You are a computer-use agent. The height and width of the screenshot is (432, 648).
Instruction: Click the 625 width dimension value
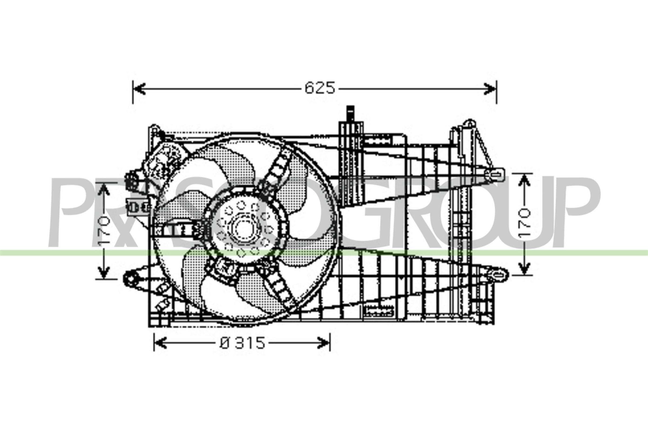[320, 88]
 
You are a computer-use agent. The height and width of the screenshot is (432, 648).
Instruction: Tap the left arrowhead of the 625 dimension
[139, 89]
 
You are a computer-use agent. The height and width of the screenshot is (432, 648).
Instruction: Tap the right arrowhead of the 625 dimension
[490, 89]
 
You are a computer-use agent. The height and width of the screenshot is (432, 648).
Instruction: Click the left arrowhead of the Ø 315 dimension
[160, 343]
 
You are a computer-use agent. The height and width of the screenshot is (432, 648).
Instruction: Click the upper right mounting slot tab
[495, 174]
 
